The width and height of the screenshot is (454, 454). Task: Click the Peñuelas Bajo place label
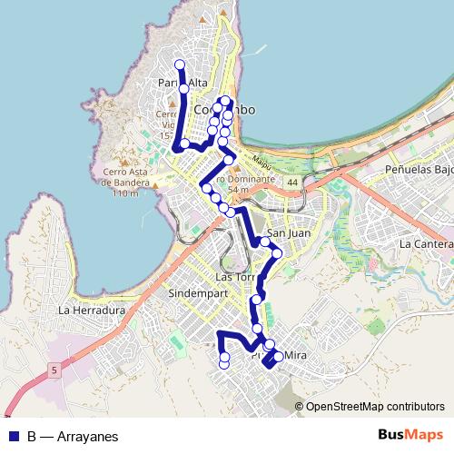coord(419,170)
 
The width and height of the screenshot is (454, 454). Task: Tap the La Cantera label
coord(425,244)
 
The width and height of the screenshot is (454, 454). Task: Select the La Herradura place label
coord(91,310)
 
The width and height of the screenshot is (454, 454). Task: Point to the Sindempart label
coord(196,295)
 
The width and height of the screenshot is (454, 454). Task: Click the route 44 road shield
coord(291,183)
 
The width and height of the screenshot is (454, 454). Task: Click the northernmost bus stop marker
coord(179,64)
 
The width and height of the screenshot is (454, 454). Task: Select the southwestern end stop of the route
coord(224,364)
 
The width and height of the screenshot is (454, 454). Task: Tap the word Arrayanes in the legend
coord(87,436)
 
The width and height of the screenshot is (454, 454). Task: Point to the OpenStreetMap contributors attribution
coord(374,406)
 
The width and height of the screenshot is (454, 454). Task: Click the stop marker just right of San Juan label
coord(277,253)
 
